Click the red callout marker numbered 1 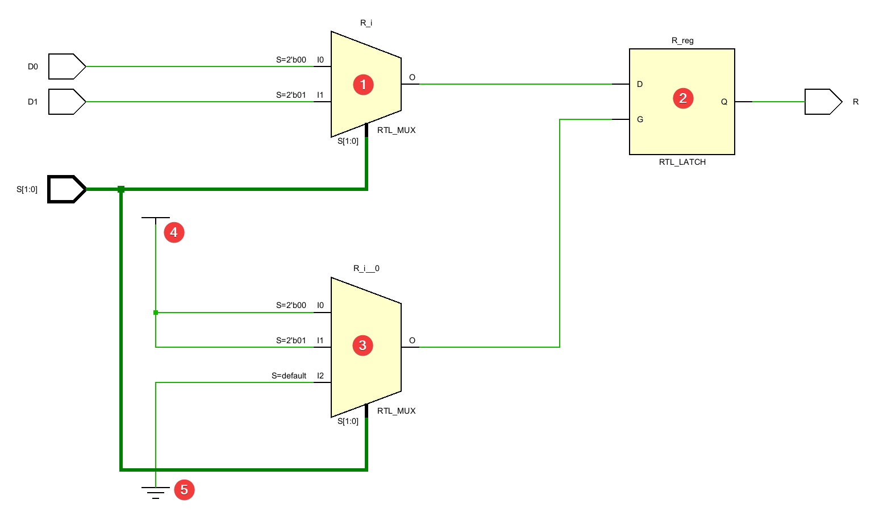click(363, 85)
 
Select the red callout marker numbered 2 click(683, 98)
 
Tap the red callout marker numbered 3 click(363, 346)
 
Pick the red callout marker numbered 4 click(174, 232)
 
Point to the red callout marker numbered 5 click(184, 490)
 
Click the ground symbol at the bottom click(156, 492)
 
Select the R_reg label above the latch click(682, 40)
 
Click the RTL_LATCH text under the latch click(682, 162)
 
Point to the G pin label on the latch click(640, 119)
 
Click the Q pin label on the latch click(724, 102)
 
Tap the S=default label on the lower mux click(289, 376)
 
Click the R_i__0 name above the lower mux click(366, 268)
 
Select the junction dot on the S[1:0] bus click(121, 189)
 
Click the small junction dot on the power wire click(156, 313)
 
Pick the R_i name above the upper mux click(366, 23)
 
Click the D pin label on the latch click(640, 84)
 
